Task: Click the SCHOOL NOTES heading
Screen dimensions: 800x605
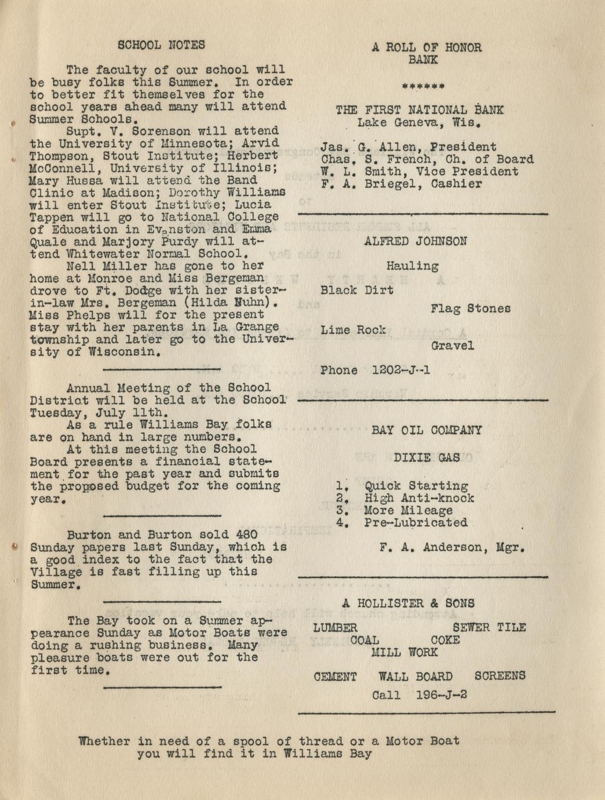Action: pyautogui.click(x=161, y=45)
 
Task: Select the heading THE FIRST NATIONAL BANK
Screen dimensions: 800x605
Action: pyautogui.click(x=420, y=110)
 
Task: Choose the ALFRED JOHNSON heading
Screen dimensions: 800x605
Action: pyautogui.click(x=416, y=241)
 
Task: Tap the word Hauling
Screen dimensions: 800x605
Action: pyautogui.click(x=412, y=266)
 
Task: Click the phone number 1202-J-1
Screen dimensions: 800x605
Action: pyautogui.click(x=401, y=370)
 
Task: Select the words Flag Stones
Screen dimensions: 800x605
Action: pyautogui.click(x=470, y=308)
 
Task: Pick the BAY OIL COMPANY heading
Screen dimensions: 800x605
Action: pyautogui.click(x=427, y=430)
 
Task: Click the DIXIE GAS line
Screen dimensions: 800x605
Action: pyautogui.click(x=427, y=457)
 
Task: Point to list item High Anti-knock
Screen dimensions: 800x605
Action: pyautogui.click(x=418, y=498)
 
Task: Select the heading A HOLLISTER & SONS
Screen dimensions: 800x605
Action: pyautogui.click(x=408, y=603)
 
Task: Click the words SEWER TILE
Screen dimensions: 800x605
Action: pyautogui.click(x=489, y=627)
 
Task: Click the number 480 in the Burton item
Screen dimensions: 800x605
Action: pyautogui.click(x=247, y=534)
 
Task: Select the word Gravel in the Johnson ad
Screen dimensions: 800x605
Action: pyautogui.click(x=452, y=346)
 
